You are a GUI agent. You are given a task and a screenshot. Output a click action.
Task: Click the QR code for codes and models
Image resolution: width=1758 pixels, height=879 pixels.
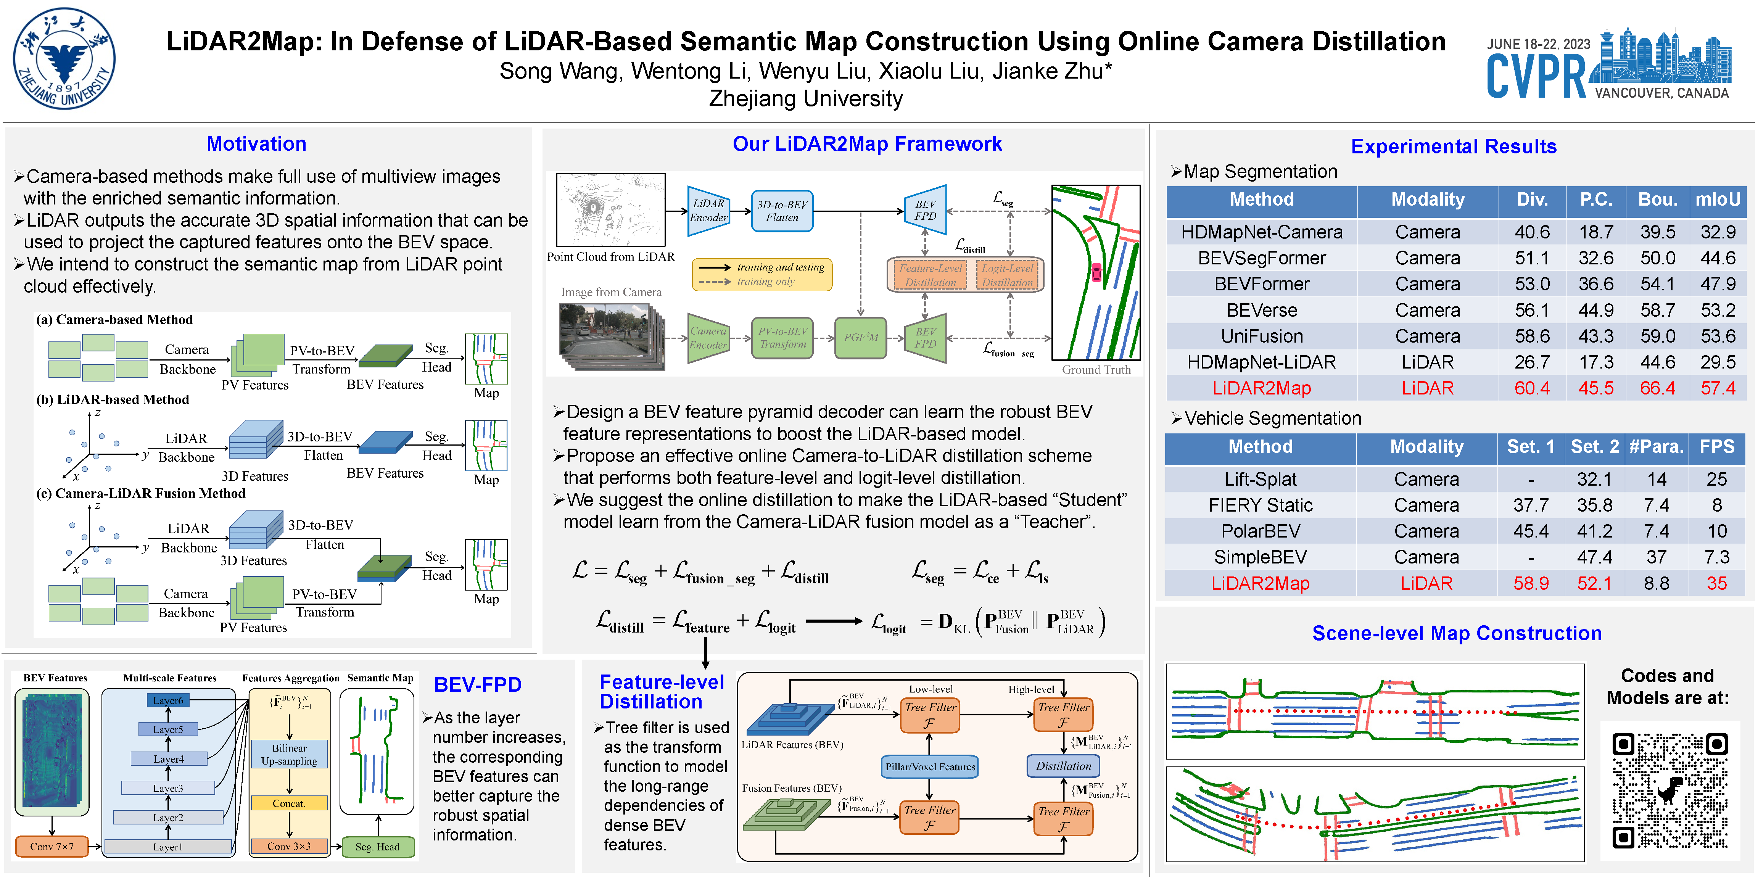click(x=1669, y=790)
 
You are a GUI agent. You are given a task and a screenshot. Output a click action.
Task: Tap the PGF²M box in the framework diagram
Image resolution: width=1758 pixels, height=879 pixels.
click(x=861, y=337)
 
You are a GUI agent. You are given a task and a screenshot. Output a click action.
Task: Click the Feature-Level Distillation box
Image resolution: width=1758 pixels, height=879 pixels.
click(x=930, y=275)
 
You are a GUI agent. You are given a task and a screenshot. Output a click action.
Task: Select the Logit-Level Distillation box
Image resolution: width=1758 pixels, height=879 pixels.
click(x=1007, y=275)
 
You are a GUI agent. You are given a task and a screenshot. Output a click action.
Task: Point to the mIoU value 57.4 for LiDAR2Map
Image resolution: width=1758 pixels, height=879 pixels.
click(x=1717, y=388)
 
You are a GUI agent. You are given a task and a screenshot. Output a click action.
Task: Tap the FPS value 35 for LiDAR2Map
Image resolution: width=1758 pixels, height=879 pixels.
click(x=1716, y=583)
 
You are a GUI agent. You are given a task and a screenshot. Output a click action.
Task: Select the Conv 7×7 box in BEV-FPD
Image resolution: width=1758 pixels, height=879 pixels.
click(x=52, y=846)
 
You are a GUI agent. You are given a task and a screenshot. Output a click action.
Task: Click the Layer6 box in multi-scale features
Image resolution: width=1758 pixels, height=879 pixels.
click(x=168, y=700)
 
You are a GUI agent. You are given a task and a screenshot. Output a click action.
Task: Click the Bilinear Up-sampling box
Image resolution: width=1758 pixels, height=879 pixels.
click(x=289, y=754)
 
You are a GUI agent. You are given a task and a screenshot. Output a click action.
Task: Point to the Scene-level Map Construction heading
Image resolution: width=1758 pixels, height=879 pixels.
click(x=1456, y=633)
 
